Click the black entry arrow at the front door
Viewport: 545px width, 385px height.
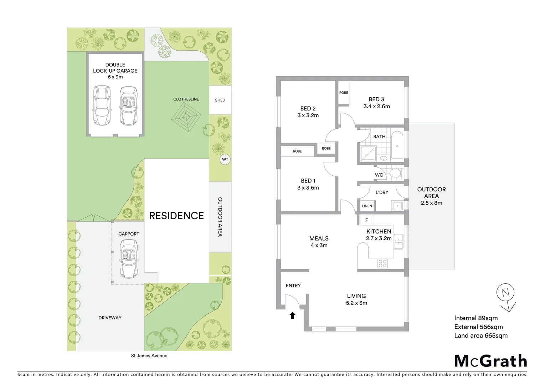tap(293, 315)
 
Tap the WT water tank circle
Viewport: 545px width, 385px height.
tap(225, 159)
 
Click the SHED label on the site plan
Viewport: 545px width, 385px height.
tap(220, 100)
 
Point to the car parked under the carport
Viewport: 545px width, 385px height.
tap(129, 259)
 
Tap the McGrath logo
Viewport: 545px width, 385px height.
tap(490, 361)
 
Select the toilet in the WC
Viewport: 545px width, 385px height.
tap(395, 174)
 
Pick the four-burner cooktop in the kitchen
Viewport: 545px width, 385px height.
tap(382, 264)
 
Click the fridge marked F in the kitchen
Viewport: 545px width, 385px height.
tap(366, 220)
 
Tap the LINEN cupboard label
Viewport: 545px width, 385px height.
tap(367, 206)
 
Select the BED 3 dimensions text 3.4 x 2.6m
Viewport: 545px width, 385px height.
tap(376, 106)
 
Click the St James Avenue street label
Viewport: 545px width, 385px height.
tap(149, 355)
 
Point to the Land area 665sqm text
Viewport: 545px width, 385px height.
tap(480, 335)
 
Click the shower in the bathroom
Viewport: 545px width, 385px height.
tap(368, 153)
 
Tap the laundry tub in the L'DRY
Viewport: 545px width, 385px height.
tap(397, 206)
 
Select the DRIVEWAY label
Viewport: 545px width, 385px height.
tap(110, 318)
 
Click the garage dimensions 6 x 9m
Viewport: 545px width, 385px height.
tap(115, 77)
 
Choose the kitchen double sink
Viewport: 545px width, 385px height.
tap(398, 241)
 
